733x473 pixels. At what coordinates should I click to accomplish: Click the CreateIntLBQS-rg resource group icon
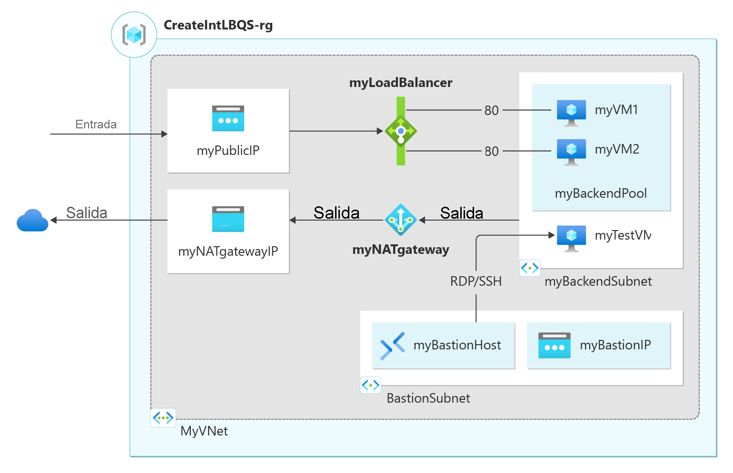(134, 35)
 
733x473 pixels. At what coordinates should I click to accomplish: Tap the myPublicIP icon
(228, 118)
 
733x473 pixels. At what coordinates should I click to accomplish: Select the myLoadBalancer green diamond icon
(401, 131)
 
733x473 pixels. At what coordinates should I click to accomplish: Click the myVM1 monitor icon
(571, 113)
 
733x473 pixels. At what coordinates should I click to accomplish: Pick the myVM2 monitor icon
(571, 152)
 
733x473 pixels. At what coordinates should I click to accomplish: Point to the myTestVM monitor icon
(571, 238)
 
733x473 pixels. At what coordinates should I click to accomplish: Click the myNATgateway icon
(401, 220)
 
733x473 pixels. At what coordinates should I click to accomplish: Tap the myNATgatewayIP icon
(228, 219)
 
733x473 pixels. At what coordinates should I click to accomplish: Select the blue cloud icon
(32, 221)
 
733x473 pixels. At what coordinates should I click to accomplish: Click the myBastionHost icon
(392, 346)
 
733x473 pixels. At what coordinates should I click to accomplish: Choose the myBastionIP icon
(554, 346)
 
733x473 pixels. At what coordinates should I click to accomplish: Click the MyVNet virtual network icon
(163, 418)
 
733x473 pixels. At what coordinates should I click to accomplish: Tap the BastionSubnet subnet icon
(370, 385)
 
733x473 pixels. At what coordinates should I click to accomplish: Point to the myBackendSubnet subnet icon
(530, 268)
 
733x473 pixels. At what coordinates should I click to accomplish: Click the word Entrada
(96, 125)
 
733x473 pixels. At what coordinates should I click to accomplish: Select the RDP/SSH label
(476, 281)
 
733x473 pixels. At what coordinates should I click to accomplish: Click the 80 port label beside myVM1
(492, 111)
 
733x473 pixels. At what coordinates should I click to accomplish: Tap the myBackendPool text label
(601, 193)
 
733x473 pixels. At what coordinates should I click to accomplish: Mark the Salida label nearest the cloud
(87, 212)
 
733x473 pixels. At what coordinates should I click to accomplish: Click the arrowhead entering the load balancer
(380, 131)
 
